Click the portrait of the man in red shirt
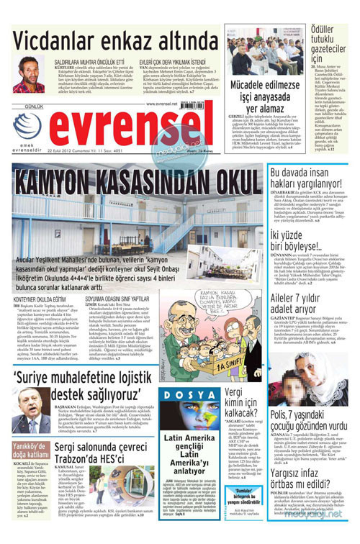[x=28, y=75]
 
